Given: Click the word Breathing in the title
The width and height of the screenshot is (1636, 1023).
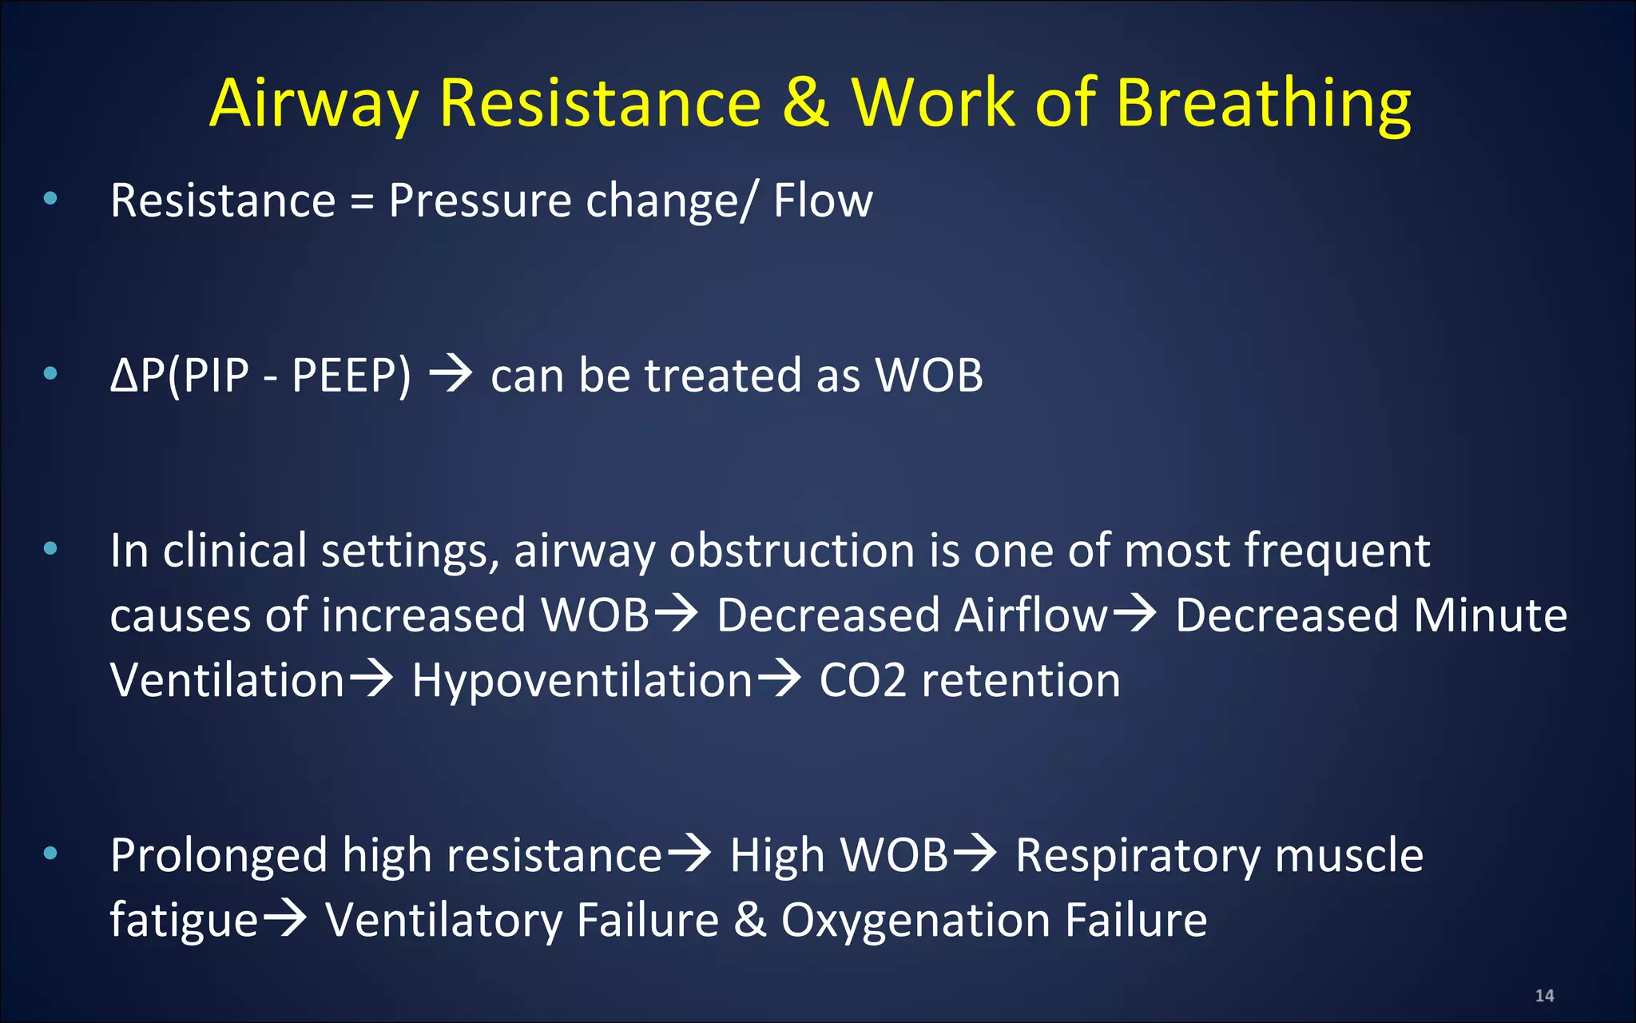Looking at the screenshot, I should [1263, 105].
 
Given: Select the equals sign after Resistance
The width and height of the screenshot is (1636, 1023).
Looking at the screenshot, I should [362, 201].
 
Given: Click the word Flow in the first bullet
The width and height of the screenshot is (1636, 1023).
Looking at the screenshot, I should [823, 200].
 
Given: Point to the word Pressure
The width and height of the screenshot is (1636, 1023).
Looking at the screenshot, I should [479, 200].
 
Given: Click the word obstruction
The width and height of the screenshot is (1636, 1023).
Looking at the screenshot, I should [792, 551].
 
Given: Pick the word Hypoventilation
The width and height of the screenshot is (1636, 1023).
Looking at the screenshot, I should [582, 680].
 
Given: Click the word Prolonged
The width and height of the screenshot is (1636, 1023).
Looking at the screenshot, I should [219, 856].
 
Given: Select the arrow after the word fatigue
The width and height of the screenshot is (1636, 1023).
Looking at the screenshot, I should [285, 918].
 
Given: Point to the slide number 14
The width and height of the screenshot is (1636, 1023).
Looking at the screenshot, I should [1544, 996].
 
